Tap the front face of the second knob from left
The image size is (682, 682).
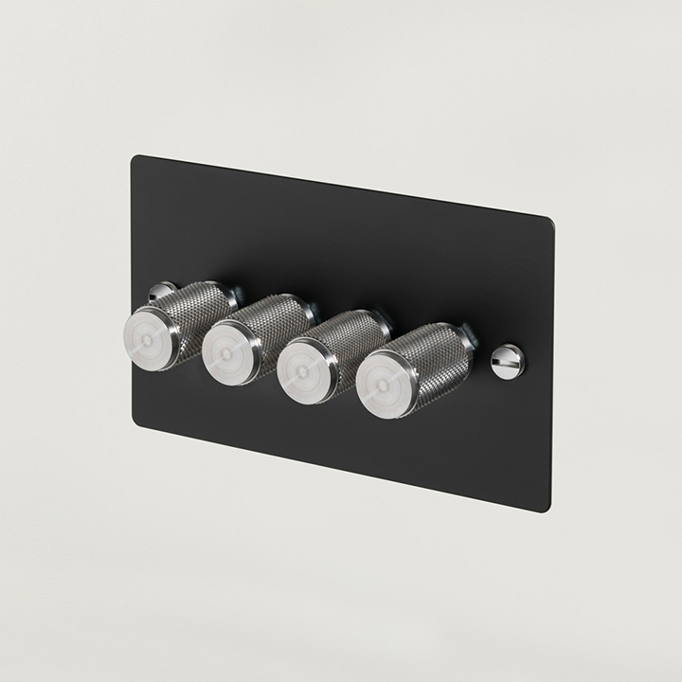click(229, 350)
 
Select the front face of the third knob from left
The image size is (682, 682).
click(305, 361)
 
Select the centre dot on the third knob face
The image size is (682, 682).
click(304, 362)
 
